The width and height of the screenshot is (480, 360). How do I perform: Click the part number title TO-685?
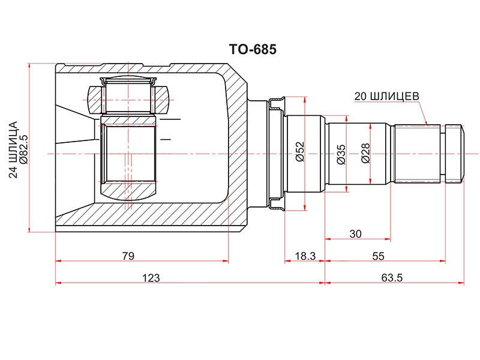pyautogui.click(x=253, y=49)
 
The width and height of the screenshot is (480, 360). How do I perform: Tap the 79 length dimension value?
pyautogui.click(x=128, y=256)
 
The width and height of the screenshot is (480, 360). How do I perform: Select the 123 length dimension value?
pyautogui.click(x=151, y=278)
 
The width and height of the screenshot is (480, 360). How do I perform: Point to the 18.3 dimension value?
pyautogui.click(x=305, y=256)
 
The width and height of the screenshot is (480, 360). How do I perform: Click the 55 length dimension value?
pyautogui.click(x=378, y=256)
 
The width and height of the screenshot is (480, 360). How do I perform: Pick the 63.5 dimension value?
pyautogui.click(x=392, y=278)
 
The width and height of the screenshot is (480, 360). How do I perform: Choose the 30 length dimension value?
pyautogui.click(x=355, y=234)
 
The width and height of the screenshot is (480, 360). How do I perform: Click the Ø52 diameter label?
pyautogui.click(x=301, y=151)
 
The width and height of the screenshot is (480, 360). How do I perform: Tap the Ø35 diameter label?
pyautogui.click(x=341, y=155)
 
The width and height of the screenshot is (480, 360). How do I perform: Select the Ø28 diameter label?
pyautogui.click(x=365, y=153)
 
